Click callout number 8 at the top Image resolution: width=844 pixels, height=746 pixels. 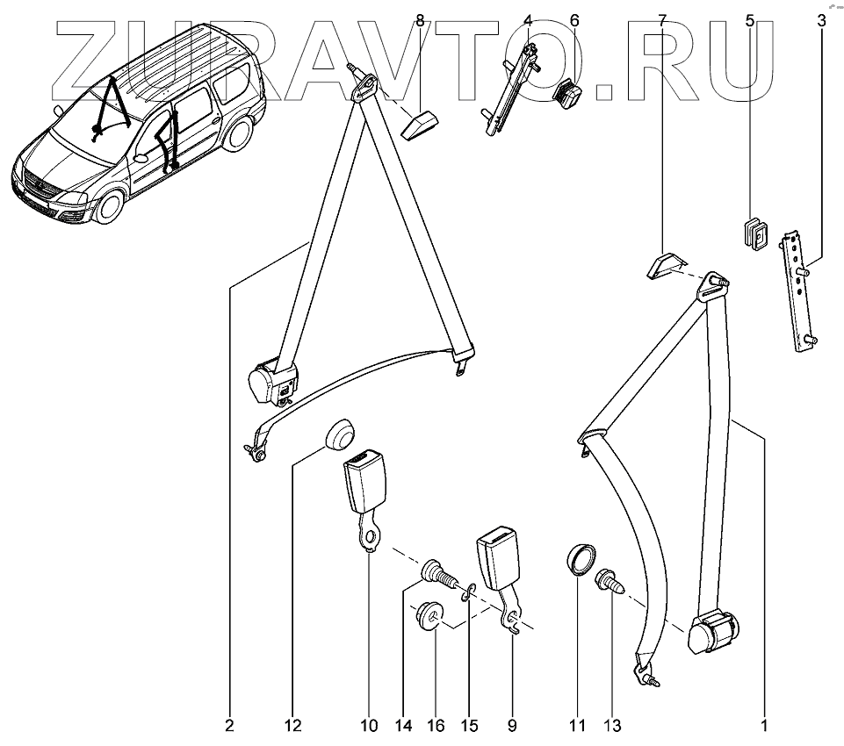click(x=420, y=19)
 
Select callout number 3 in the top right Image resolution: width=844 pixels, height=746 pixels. click(x=821, y=19)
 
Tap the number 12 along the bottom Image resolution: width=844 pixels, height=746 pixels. click(x=292, y=726)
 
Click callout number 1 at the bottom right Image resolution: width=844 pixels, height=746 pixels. click(x=764, y=726)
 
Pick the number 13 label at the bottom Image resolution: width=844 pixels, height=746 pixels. click(x=611, y=726)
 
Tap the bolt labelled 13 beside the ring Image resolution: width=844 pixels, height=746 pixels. click(x=610, y=582)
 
